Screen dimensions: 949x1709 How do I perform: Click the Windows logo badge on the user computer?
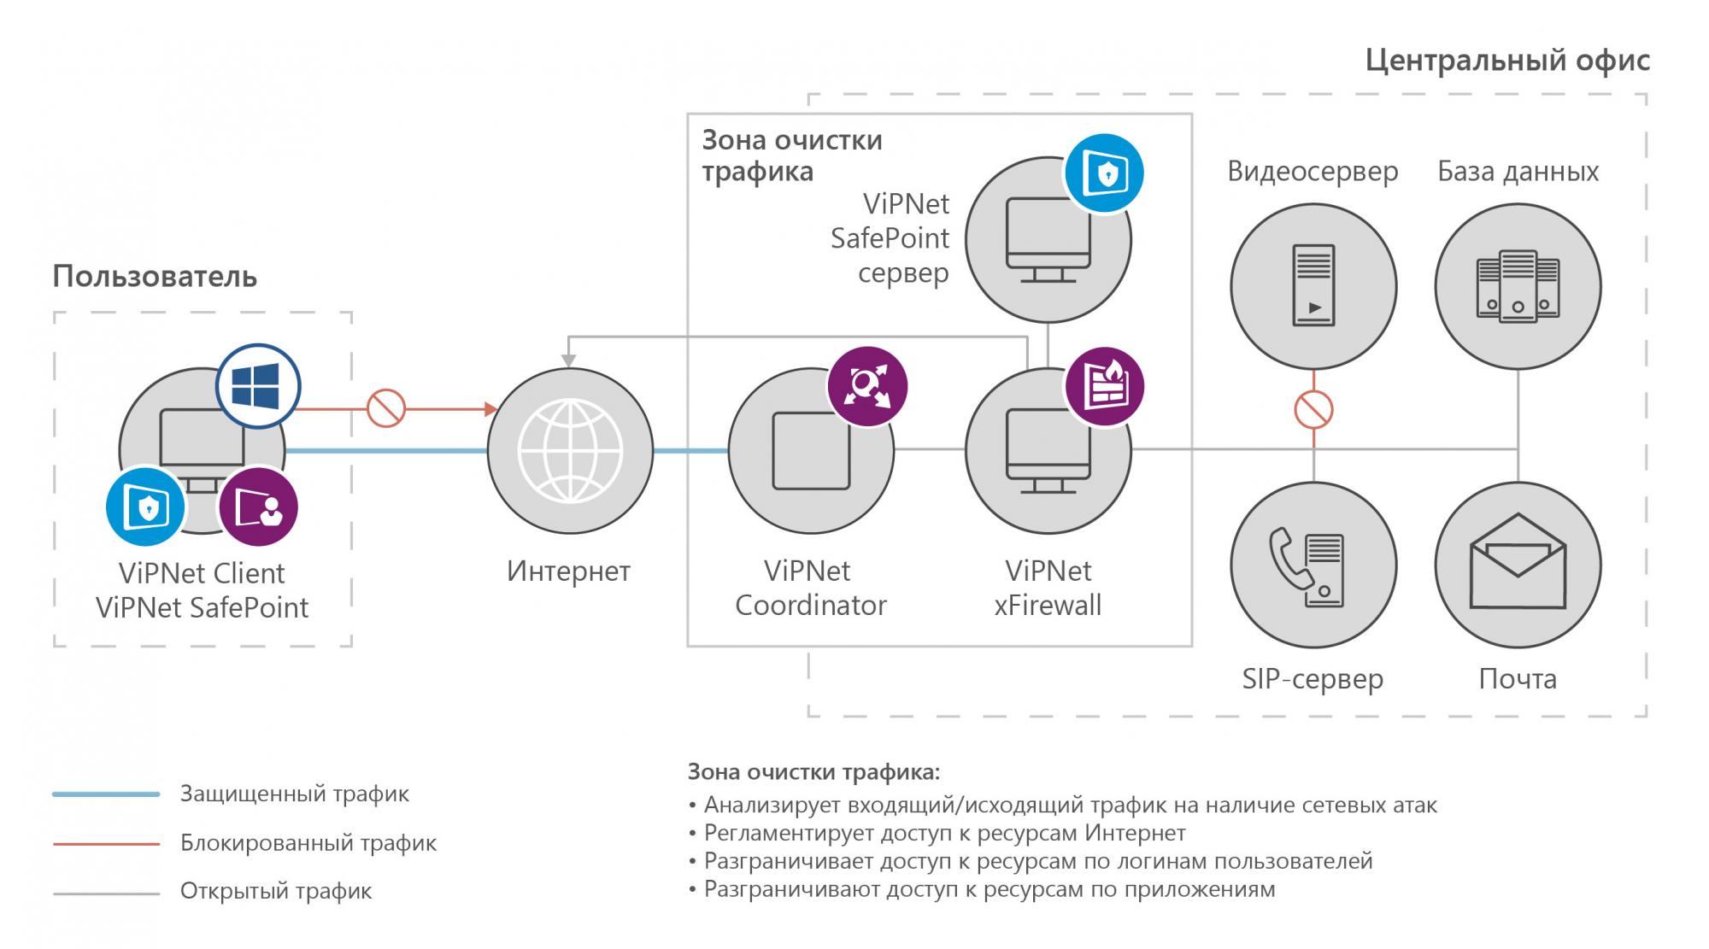tap(257, 386)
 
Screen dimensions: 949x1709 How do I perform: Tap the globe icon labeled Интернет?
tap(570, 451)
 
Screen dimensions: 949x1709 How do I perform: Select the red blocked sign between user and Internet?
tap(385, 408)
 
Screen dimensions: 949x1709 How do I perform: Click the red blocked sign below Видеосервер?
tap(1313, 409)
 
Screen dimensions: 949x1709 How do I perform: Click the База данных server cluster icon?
tap(1518, 286)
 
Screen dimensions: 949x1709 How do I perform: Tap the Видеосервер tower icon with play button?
tap(1313, 286)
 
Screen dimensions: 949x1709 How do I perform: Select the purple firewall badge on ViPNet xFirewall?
tap(1104, 387)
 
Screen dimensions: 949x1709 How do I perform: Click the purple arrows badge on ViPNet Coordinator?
tap(866, 386)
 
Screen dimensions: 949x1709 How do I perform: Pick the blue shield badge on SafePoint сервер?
tap(1104, 173)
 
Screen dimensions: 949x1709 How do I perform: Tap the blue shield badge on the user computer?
tap(146, 507)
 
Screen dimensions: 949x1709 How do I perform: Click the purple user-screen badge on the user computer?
tap(258, 507)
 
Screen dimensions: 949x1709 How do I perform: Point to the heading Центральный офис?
tap(1507, 61)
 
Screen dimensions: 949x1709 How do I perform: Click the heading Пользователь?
tap(155, 277)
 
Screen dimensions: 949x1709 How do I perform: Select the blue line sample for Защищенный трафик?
tap(106, 794)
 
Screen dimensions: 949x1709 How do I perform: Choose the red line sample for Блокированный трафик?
tap(106, 844)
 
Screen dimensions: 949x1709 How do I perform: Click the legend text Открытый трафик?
tap(276, 892)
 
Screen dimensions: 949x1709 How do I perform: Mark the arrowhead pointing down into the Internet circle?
tap(569, 361)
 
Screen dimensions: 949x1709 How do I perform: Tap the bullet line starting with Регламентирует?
tap(944, 833)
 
